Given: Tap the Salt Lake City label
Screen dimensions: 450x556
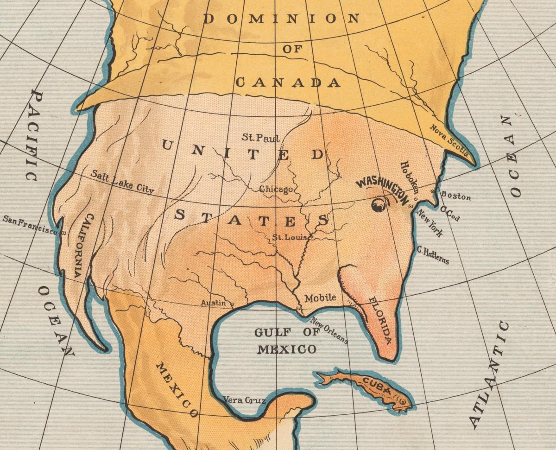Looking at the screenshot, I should [122, 181].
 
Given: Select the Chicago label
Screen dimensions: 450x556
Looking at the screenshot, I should [276, 189].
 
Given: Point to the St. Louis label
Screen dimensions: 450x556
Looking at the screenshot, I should [289, 238].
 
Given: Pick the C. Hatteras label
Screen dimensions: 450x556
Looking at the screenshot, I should [433, 254].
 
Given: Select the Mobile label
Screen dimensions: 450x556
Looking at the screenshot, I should [320, 298].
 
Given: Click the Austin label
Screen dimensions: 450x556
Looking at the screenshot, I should [213, 303].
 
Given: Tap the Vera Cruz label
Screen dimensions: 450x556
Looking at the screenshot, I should [244, 399].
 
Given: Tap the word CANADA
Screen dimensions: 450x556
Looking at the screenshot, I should [288, 82].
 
